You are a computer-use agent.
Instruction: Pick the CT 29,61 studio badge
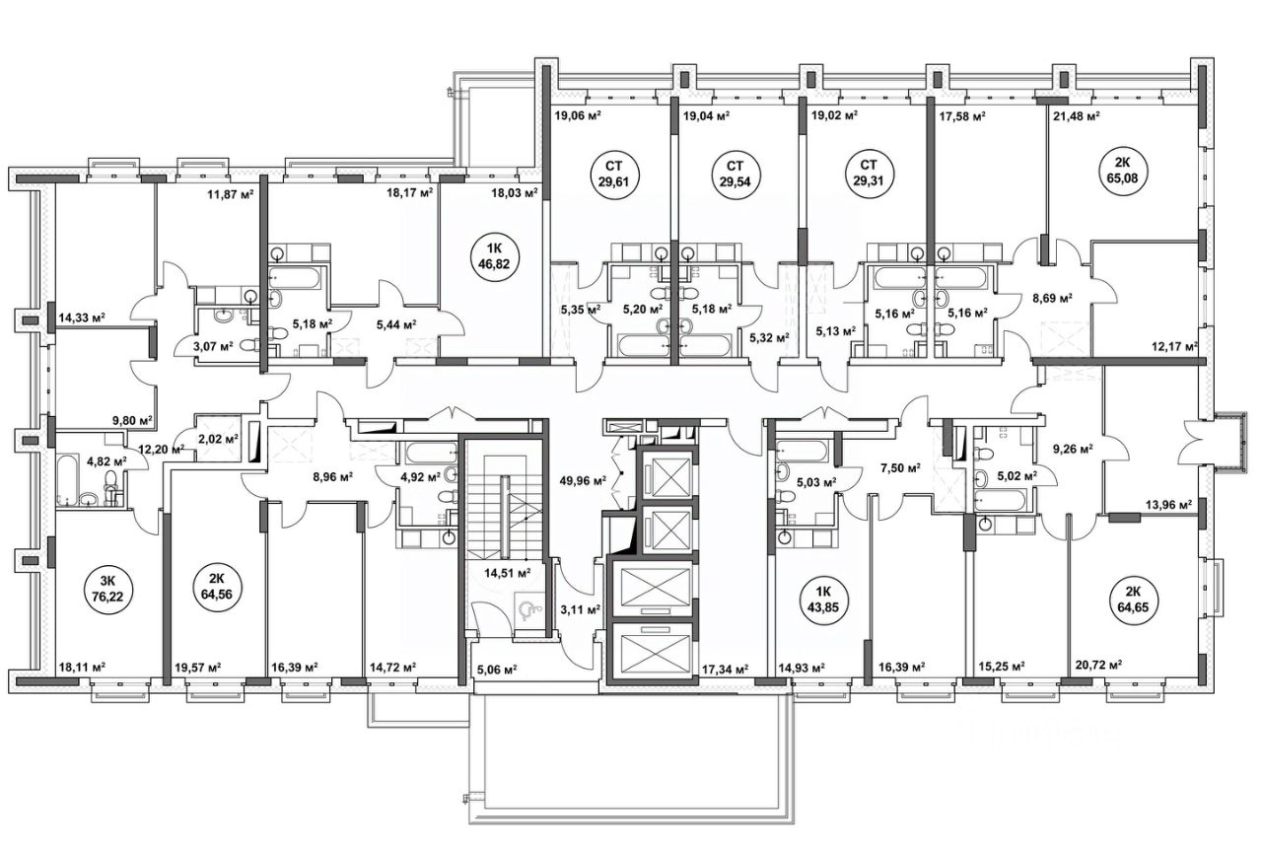pos(614,174)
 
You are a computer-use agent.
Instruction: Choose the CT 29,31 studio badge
pos(869,174)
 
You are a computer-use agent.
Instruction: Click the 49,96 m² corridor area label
pos(583,480)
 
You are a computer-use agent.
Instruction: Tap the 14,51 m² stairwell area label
pos(508,574)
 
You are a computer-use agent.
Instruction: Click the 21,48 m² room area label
pos(1077,116)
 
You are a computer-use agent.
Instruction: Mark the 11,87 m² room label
pos(230,194)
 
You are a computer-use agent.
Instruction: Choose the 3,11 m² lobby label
pos(581,609)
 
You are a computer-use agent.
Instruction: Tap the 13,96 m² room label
pos(1168,505)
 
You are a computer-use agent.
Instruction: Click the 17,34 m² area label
pos(725,669)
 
